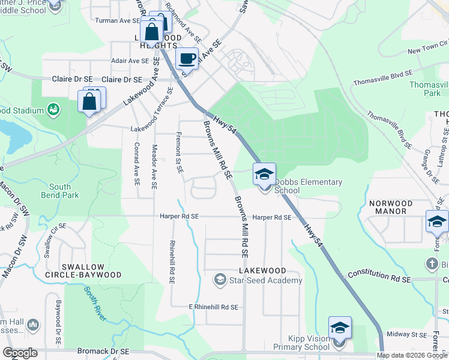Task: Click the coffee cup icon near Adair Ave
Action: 187,59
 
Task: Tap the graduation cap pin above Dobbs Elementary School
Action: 264,175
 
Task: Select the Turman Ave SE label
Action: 118,20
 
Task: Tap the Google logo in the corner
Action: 20,353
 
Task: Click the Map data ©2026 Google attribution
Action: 412,355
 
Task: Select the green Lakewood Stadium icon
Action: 53,110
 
